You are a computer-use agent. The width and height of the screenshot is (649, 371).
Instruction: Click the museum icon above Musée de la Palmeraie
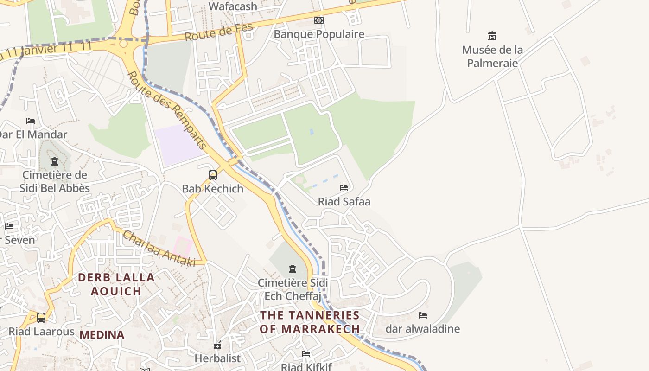(492, 36)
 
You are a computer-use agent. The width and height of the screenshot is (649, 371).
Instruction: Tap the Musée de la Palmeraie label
(492, 56)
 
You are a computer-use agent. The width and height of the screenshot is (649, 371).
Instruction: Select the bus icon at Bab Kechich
(213, 175)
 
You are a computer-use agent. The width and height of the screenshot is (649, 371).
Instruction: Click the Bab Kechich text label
(212, 189)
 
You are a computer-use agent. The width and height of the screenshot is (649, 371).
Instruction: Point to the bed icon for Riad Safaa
(344, 188)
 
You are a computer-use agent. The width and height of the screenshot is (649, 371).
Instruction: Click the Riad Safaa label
(344, 202)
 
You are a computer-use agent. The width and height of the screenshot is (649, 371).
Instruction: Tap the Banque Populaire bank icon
(319, 20)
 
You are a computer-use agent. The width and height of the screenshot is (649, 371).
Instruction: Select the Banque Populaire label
(319, 34)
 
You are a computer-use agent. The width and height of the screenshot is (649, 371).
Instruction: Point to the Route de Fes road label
(219, 32)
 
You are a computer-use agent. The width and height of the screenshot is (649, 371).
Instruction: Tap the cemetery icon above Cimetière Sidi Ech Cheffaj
(292, 269)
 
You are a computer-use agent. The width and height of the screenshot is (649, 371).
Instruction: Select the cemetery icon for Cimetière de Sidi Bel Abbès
(55, 161)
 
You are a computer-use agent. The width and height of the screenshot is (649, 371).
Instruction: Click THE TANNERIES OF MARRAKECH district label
(310, 322)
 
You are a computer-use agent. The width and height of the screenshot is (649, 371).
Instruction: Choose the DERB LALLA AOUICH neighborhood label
(116, 284)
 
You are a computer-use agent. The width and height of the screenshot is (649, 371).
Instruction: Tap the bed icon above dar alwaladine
(422, 315)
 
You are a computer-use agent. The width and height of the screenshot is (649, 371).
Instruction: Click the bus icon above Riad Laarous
(41, 318)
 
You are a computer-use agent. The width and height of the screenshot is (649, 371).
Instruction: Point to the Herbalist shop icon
(217, 345)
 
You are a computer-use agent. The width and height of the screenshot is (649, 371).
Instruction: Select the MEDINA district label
(102, 335)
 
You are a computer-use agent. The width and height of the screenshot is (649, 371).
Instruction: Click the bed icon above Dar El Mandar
(31, 121)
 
